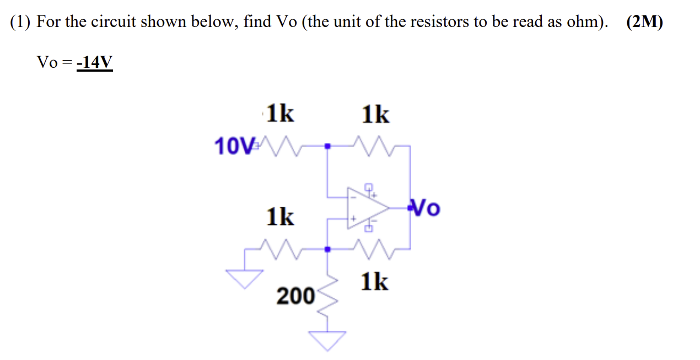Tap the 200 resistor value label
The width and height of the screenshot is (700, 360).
294,296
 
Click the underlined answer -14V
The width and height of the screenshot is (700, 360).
94,63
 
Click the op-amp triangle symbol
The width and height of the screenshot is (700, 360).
367,208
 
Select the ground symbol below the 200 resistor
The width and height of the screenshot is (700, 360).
330,340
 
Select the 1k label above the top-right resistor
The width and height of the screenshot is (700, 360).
375,115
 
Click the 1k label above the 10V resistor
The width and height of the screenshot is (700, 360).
280,114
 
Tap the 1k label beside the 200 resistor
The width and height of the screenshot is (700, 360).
375,282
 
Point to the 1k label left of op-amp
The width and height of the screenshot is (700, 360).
280,217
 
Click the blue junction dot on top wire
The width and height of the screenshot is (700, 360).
328,147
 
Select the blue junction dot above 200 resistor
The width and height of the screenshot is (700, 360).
328,249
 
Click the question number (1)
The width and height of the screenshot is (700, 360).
20,23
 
